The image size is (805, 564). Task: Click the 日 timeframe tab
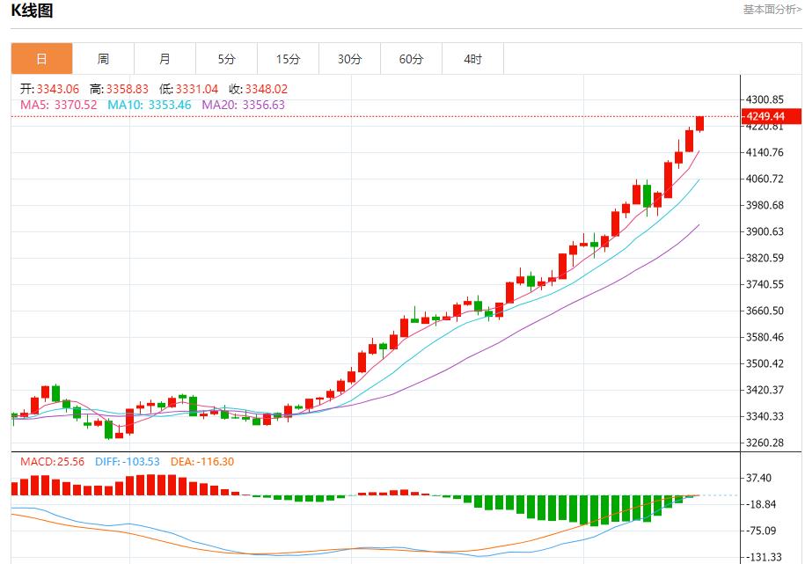click(41, 59)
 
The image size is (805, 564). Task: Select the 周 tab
click(103, 59)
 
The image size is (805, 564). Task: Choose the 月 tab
click(165, 59)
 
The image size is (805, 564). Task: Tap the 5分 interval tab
click(227, 59)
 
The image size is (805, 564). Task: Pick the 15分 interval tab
click(288, 59)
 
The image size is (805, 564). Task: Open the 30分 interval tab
click(349, 59)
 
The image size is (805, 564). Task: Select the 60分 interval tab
click(411, 59)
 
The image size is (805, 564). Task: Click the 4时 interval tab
click(472, 59)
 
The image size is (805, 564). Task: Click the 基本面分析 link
click(772, 10)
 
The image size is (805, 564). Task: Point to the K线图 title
click(32, 11)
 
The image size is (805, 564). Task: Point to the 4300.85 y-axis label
click(764, 99)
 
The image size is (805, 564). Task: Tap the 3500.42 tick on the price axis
click(764, 363)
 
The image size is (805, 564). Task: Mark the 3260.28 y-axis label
click(764, 443)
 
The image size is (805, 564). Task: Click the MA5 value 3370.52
click(76, 105)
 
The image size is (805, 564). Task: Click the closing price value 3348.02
click(267, 89)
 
